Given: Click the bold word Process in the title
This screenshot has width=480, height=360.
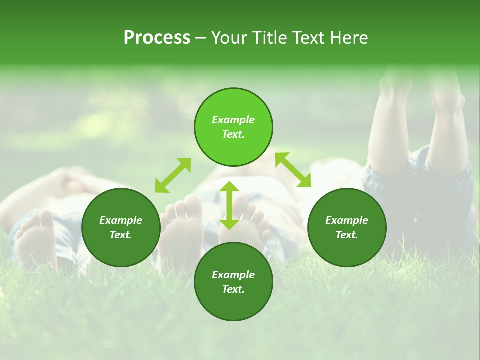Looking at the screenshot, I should [157, 38].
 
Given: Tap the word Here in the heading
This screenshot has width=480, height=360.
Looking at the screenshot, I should [349, 38].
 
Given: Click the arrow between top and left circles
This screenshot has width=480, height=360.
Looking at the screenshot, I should [173, 175].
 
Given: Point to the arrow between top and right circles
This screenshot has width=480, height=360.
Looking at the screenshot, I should [293, 170].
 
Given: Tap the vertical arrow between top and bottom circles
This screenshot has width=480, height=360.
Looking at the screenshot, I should [229, 205].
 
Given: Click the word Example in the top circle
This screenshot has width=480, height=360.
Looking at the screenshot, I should [233, 120].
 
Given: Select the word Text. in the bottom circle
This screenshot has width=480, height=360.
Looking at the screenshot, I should [233, 289].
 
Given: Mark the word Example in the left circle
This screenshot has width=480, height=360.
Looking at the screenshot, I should [120, 220].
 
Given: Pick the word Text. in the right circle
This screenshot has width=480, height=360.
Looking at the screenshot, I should [346, 235].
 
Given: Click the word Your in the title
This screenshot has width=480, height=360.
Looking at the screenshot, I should [227, 38].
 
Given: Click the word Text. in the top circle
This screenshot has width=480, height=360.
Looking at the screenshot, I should [233, 134].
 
